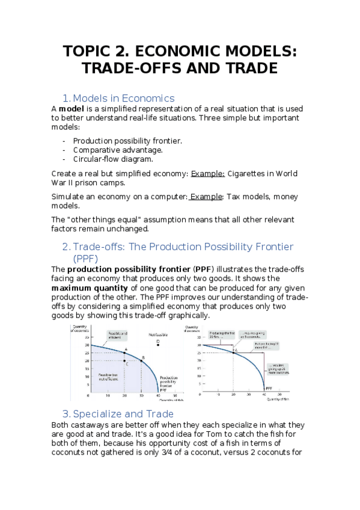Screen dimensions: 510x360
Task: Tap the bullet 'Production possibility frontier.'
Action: coord(127,141)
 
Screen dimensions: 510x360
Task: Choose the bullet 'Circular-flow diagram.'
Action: coord(113,159)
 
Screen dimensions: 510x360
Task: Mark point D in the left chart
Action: coord(158,342)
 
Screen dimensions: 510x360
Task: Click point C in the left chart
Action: coord(125,361)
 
